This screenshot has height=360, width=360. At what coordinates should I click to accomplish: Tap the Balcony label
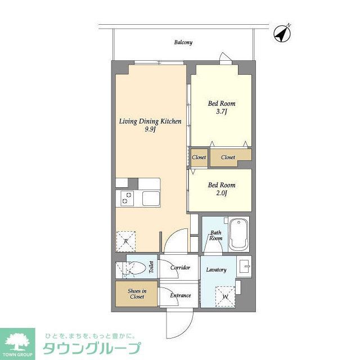click(183, 42)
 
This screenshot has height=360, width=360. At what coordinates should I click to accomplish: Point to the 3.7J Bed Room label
click(222, 107)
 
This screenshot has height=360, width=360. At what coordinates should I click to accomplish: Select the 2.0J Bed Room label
click(222, 189)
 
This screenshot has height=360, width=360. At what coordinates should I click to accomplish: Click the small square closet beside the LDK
click(199, 157)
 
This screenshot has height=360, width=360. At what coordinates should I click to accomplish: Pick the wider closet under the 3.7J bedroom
click(228, 157)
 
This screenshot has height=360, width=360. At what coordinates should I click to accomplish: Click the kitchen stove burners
click(127, 199)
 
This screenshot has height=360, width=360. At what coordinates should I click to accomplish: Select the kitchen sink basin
click(151, 199)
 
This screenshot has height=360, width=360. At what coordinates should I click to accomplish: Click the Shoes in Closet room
click(137, 293)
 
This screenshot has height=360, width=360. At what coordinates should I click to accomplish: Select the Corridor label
click(180, 268)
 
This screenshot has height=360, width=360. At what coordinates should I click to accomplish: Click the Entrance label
click(180, 295)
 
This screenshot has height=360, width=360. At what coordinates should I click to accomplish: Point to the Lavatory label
click(216, 270)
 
